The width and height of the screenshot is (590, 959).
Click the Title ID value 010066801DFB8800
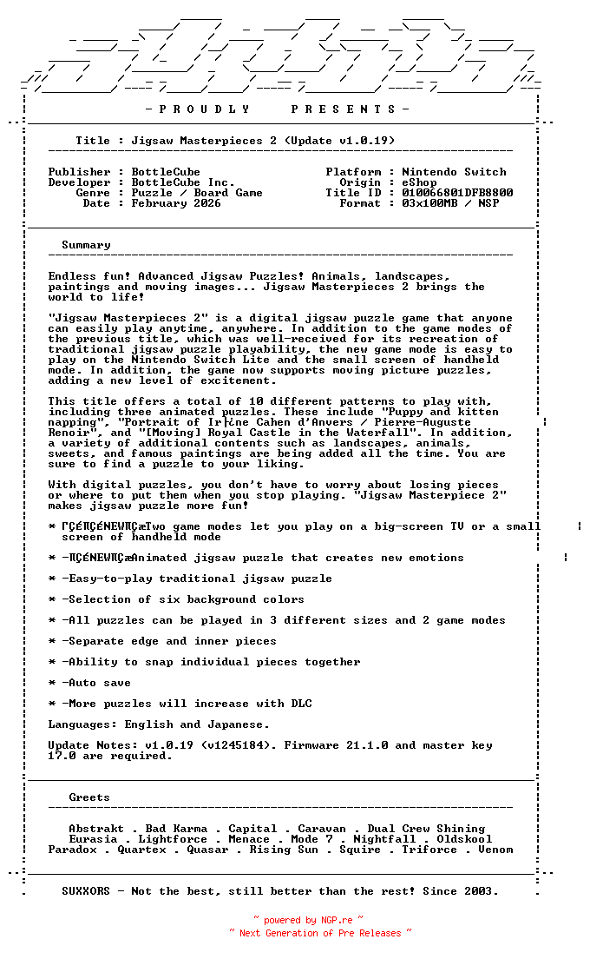pyautogui.click(x=457, y=193)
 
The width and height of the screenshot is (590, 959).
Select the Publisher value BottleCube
pyautogui.click(x=166, y=172)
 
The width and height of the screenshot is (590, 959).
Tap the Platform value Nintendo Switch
pyautogui.click(x=454, y=172)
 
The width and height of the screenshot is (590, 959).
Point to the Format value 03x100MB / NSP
pyautogui.click(x=450, y=203)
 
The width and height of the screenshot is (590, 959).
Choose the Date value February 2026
pyautogui.click(x=176, y=203)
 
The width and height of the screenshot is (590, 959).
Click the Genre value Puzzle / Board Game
pyautogui.click(x=197, y=193)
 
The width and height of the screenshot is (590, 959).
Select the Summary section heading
pyautogui.click(x=86, y=245)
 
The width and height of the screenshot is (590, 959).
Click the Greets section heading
pyautogui.click(x=89, y=797)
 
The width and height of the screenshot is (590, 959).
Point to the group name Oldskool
pyautogui.click(x=464, y=839)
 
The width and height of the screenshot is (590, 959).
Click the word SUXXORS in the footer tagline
pyautogui.click(x=86, y=891)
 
